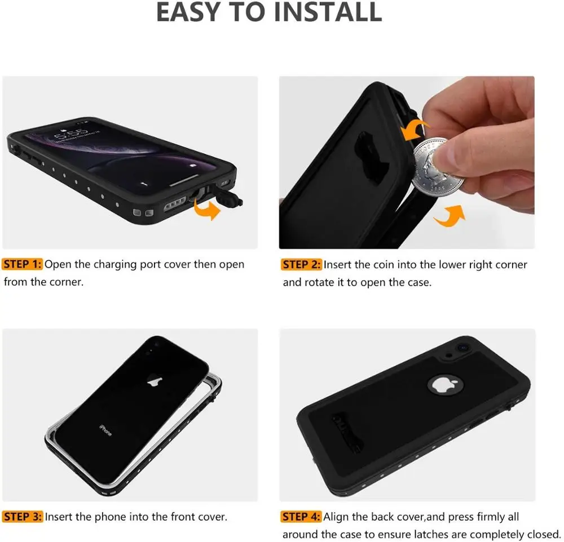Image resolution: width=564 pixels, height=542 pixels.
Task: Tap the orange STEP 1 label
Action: [23, 264]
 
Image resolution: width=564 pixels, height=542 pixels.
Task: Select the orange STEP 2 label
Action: [302, 264]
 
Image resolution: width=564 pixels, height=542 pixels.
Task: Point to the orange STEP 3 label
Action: [23, 516]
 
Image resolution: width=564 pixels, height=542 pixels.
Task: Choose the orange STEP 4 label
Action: [302, 516]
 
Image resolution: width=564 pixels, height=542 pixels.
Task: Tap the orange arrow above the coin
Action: [415, 130]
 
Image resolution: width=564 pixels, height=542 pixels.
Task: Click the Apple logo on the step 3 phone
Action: [152, 382]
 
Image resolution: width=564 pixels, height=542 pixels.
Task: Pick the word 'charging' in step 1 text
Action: [115, 264]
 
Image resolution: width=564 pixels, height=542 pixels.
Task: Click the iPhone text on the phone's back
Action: [105, 429]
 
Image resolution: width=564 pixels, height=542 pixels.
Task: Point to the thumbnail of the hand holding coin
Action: [407, 162]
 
